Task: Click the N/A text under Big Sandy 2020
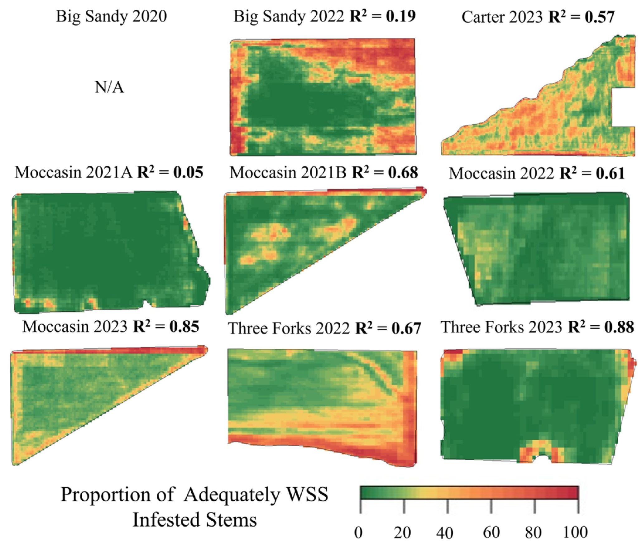pos(109,87)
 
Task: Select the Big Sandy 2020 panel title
pos(111,16)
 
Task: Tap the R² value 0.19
pos(400,16)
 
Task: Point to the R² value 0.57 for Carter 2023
pos(599,17)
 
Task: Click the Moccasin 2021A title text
pos(74,172)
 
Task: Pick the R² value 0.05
pos(188,172)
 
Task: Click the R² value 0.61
pos(610,173)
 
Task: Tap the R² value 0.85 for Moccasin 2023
pos(184,327)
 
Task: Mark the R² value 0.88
pos(619,327)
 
